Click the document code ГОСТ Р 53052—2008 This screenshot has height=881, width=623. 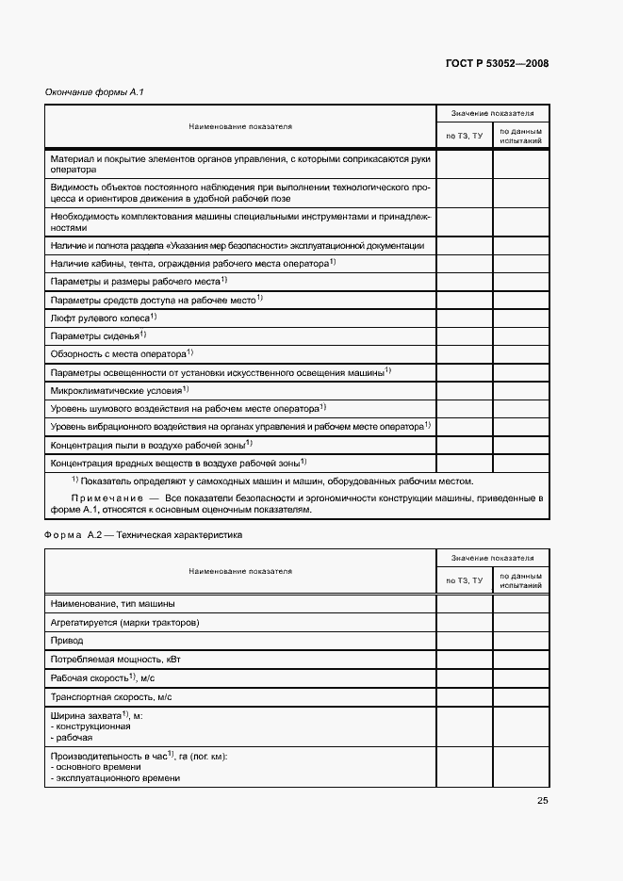coord(496,64)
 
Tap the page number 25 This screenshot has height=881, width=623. coord(542,801)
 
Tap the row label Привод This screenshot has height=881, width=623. coord(66,640)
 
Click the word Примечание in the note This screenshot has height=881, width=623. coord(104,497)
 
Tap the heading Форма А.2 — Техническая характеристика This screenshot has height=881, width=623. coord(143,534)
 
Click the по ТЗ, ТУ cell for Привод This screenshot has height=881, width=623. coord(464,640)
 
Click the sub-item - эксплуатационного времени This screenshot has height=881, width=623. coord(117,778)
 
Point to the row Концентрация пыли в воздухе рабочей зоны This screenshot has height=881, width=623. coord(151,444)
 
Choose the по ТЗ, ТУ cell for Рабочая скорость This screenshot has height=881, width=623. coord(464,677)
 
